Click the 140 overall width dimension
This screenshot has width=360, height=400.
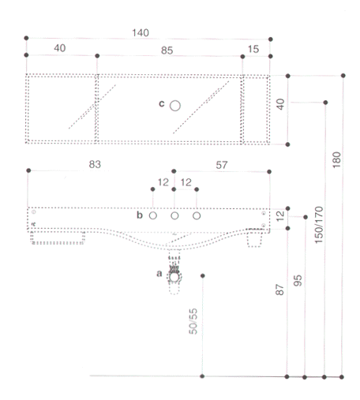pos(141,33)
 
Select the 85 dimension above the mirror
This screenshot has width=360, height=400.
pos(167,50)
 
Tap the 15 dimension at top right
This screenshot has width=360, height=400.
pos(253,49)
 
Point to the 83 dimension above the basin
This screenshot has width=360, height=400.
pos(95,164)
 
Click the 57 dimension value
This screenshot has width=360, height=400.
pos(222,165)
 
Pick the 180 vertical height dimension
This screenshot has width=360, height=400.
pos(336,160)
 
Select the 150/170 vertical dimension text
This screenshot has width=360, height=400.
pos(319,225)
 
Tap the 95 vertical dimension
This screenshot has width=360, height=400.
pos(298,281)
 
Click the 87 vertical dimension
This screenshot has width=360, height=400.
pos(279,290)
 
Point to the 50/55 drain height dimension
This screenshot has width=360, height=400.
pos(193,321)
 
